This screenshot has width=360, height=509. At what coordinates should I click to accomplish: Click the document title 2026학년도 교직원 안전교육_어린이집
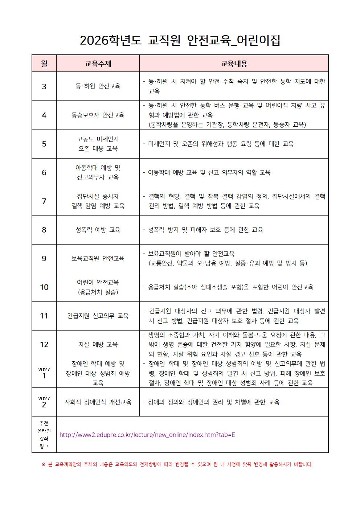180,40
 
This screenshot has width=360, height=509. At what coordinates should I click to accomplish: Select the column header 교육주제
98,64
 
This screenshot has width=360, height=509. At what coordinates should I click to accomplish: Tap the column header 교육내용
234,64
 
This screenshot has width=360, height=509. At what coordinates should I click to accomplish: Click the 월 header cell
44,64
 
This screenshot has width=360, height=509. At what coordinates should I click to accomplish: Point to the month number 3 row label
44,86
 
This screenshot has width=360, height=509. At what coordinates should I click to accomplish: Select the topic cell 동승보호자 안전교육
98,115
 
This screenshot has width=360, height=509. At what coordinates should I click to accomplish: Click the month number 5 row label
44,144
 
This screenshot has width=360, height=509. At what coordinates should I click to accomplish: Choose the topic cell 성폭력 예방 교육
98,230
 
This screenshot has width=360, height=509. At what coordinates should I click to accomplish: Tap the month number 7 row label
44,201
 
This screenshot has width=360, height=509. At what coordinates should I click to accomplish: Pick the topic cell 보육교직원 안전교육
98,258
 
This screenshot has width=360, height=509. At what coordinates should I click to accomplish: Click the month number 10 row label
44,287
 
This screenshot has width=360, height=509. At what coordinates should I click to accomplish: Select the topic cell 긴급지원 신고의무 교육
98,316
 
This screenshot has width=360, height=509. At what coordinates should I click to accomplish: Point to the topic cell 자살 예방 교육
98,344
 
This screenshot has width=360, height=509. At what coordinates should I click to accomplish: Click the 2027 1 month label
44,373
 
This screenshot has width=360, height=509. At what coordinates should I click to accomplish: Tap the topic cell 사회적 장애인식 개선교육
98,402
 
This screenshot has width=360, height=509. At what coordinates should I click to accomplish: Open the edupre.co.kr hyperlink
147,435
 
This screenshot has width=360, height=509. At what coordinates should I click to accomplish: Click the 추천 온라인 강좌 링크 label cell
44,435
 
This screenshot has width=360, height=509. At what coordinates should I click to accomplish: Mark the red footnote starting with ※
177,464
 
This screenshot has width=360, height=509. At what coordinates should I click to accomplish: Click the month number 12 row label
44,344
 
